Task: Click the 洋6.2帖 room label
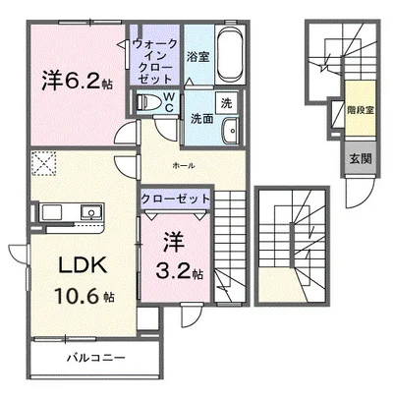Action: click(78, 81)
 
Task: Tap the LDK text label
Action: click(83, 265)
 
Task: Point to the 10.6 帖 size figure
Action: click(84, 297)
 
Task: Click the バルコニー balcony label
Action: click(96, 357)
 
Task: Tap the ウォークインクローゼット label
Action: click(155, 61)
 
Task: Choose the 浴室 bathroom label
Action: click(198, 57)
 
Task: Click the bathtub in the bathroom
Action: click(230, 54)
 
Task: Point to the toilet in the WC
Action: click(148, 102)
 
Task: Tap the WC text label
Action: click(169, 102)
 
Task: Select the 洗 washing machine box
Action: click(226, 103)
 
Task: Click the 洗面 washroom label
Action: click(202, 118)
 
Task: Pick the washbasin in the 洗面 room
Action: click(231, 131)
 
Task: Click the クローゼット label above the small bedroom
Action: click(175, 199)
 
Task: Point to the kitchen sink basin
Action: click(91, 212)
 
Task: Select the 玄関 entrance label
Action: click(361, 159)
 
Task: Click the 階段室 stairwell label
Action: click(361, 110)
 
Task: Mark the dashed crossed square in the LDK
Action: click(44, 163)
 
